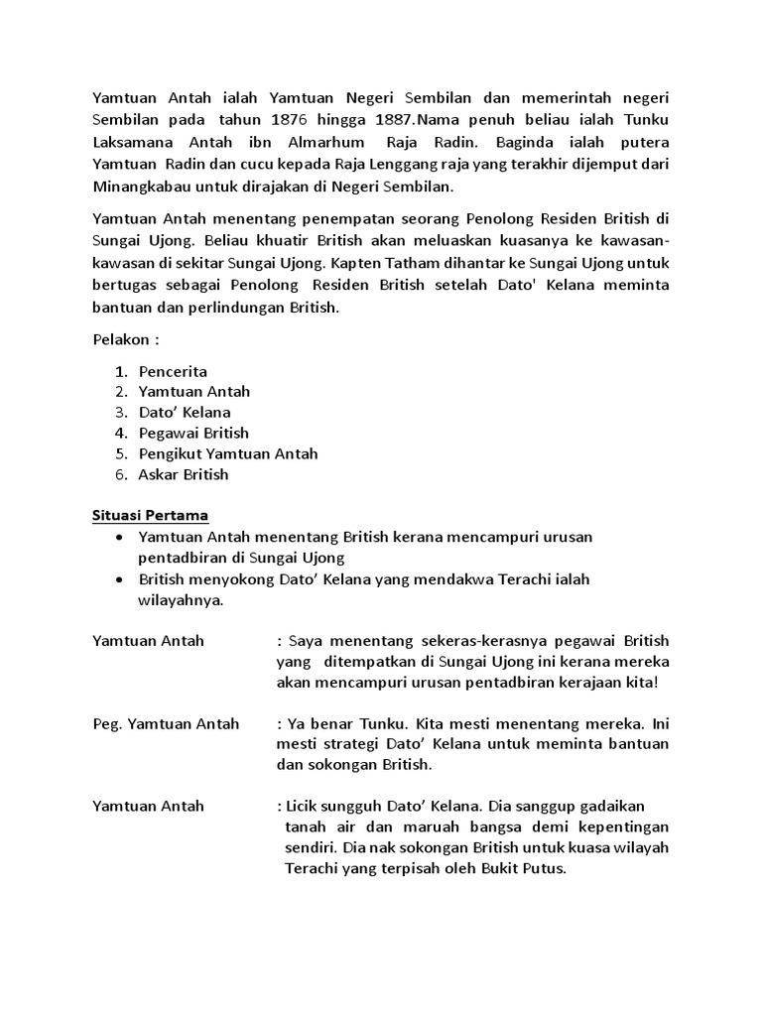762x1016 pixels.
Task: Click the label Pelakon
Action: (x=122, y=339)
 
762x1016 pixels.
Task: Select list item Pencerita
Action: (x=173, y=371)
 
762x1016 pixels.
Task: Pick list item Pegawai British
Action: (x=193, y=433)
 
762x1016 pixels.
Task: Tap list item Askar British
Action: (x=184, y=474)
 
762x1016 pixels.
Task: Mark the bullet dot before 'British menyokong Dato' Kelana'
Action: (x=119, y=580)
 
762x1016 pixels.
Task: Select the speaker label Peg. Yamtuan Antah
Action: (x=166, y=723)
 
